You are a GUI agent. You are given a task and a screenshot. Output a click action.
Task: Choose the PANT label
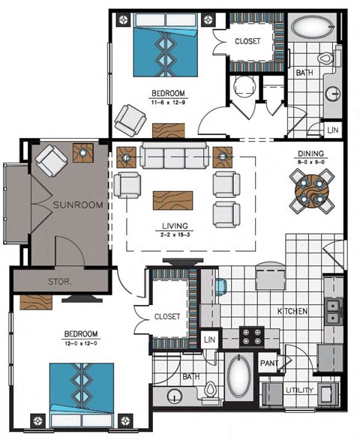click(x=269, y=364)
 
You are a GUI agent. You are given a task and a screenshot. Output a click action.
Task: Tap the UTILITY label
click(x=299, y=391)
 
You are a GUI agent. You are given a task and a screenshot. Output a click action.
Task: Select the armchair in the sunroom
click(x=52, y=159)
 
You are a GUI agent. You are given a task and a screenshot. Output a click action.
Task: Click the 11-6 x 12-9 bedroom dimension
click(x=167, y=102)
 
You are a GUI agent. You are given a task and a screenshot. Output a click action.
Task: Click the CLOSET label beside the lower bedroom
click(x=167, y=317)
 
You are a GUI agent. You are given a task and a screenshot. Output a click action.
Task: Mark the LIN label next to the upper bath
click(x=332, y=130)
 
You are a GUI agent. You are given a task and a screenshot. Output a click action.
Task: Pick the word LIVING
click(x=174, y=226)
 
